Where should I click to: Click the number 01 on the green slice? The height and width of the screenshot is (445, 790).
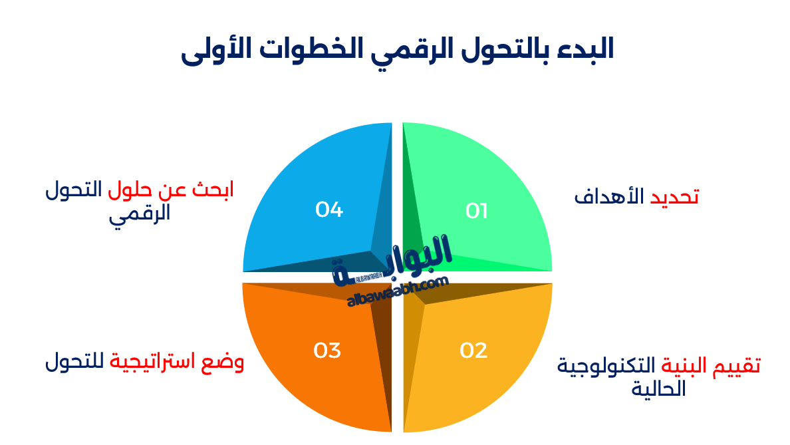pyautogui.click(x=477, y=211)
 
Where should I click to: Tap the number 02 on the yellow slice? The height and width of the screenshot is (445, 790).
pyautogui.click(x=473, y=351)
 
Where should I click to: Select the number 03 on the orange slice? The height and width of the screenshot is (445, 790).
pyautogui.click(x=327, y=351)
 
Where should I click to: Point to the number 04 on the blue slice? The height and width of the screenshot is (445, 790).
pyautogui.click(x=329, y=210)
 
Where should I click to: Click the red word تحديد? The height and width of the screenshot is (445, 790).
pyautogui.click(x=674, y=197)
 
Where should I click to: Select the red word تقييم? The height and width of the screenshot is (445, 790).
pyautogui.click(x=739, y=365)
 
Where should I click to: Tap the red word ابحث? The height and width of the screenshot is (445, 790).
pyautogui.click(x=213, y=190)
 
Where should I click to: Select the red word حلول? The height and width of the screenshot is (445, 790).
pyautogui.click(x=130, y=190)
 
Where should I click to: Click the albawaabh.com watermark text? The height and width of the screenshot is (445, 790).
pyautogui.click(x=398, y=293)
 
